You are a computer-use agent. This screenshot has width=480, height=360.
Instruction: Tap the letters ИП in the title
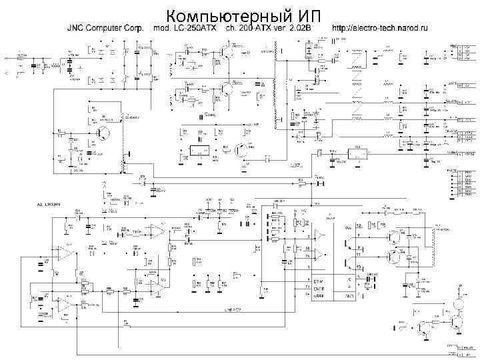[306, 15]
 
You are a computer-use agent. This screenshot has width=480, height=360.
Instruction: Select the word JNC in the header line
[74, 29]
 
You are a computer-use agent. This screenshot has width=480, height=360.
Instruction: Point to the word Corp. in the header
[137, 29]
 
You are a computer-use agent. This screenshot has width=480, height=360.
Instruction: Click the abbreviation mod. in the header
[162, 29]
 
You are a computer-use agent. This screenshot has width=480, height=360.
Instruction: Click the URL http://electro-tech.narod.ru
[380, 29]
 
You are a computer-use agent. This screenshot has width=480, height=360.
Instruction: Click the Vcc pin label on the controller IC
[347, 227]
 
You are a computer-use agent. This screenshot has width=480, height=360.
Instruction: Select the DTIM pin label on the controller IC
[319, 281]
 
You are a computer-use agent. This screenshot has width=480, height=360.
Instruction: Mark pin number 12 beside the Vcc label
[360, 227]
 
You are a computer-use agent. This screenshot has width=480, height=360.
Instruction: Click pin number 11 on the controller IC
[360, 255]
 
